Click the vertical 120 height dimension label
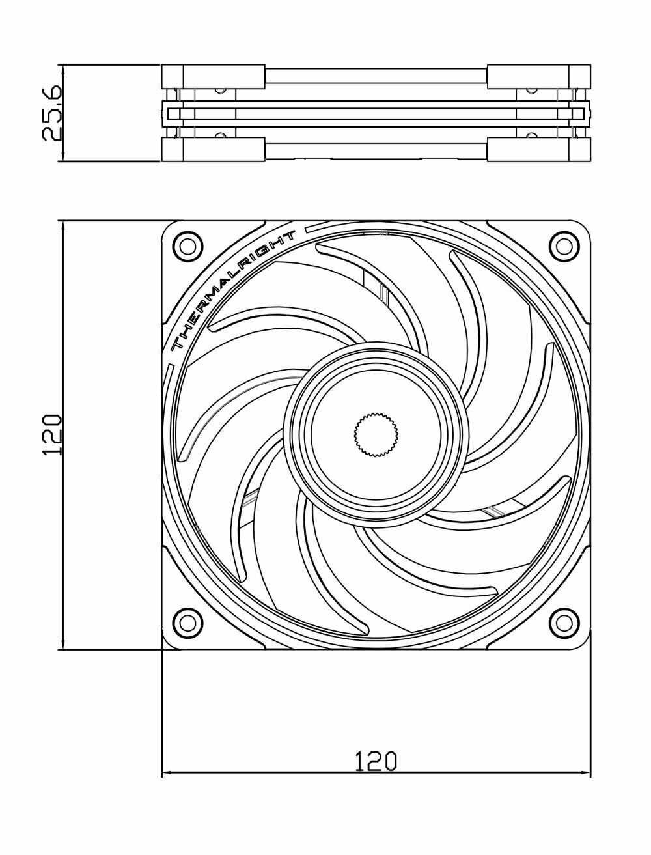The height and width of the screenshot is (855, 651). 52,435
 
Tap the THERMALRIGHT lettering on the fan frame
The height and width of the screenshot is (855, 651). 233,290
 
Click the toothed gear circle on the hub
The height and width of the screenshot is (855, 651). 376,434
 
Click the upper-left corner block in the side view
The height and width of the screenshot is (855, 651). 214,77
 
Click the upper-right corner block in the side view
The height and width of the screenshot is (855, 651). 539,77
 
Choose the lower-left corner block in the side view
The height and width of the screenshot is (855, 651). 214,149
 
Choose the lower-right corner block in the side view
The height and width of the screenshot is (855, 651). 539,149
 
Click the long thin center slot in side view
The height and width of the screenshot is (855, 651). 376,114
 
